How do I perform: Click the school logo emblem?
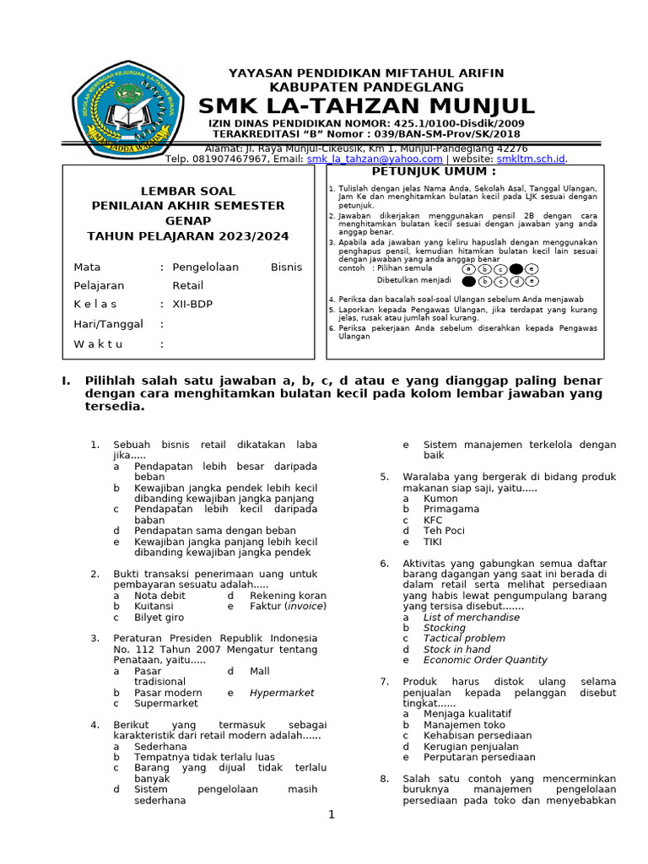(127, 111)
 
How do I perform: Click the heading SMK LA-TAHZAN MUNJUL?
(365, 105)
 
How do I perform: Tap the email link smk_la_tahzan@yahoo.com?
(374, 159)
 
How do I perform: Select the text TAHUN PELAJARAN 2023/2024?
(187, 236)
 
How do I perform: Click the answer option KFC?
(433, 520)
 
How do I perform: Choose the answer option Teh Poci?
(444, 531)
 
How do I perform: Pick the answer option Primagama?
(451, 509)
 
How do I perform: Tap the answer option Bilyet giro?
(159, 617)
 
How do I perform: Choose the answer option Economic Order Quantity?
(485, 660)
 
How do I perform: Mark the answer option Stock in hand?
(456, 650)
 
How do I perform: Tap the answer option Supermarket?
(166, 703)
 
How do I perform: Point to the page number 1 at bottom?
(332, 814)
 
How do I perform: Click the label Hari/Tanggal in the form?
(109, 324)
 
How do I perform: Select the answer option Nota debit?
(159, 596)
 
